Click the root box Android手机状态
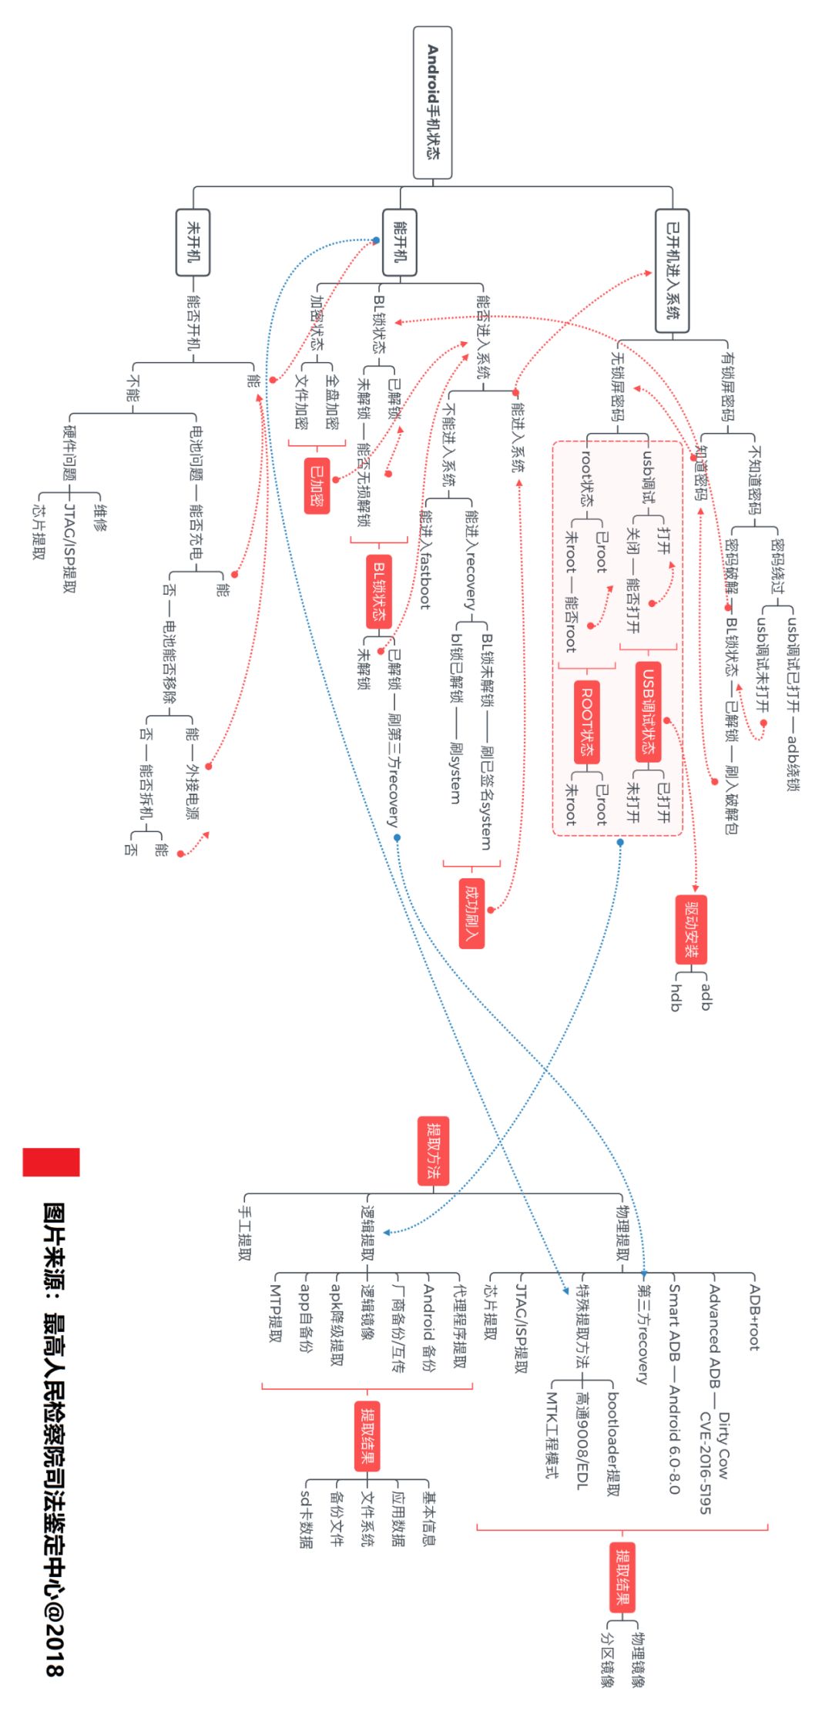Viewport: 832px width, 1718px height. coord(432,102)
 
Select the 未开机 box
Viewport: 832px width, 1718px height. coord(193,242)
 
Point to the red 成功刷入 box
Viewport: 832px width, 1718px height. coord(471,913)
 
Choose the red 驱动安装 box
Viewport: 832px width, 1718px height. coord(691,929)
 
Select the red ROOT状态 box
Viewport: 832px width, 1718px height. coord(587,721)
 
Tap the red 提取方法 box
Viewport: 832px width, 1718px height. coord(432,1151)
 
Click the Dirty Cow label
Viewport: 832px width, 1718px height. coord(723,1445)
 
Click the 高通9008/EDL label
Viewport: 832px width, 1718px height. coord(582,1440)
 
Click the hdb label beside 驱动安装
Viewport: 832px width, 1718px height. coord(676,997)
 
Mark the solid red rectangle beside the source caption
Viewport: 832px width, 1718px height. coord(51,1162)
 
